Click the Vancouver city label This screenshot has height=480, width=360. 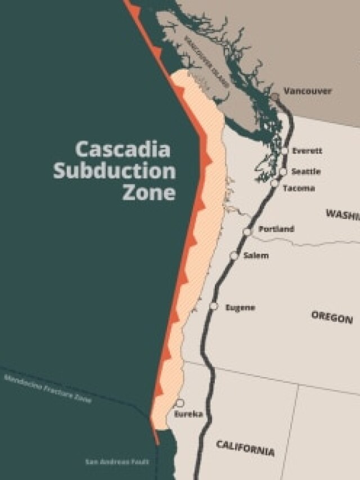click(307, 91)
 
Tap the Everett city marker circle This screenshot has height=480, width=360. click(285, 151)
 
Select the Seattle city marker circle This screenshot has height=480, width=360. click(283, 172)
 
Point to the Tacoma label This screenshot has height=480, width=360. click(299, 189)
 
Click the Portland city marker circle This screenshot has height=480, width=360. click(247, 232)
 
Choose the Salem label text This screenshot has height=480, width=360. click(256, 255)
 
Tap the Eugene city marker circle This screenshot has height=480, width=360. click(214, 306)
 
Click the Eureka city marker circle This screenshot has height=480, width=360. click(180, 403)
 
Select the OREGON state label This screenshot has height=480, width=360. click(332, 316)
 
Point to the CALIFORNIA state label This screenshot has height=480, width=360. click(246, 448)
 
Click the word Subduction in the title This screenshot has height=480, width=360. click(114, 171)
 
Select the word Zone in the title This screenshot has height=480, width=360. click(148, 192)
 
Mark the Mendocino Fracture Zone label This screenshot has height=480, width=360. click(47, 389)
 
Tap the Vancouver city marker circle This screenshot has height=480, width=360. click(274, 97)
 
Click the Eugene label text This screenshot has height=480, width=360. click(240, 307)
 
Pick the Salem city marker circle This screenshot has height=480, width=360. click(234, 256)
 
